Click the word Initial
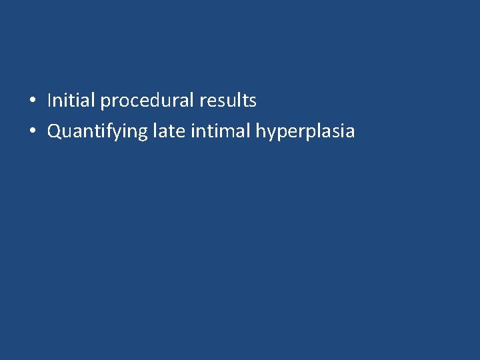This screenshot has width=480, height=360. [71, 101]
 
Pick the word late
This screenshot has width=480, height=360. [169, 131]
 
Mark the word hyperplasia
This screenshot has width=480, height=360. [305, 132]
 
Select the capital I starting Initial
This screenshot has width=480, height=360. [49, 101]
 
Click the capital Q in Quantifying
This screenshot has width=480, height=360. [54, 132]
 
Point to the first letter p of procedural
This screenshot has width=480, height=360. [105, 103]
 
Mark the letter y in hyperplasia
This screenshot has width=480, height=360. [271, 134]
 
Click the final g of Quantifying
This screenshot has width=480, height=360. [141, 134]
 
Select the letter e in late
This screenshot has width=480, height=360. [181, 133]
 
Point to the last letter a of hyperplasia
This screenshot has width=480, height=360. [350, 133]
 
